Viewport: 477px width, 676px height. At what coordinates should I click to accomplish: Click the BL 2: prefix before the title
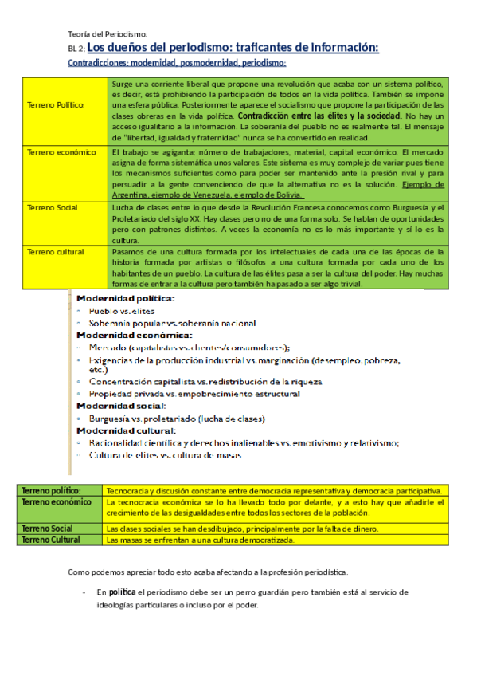coord(76,49)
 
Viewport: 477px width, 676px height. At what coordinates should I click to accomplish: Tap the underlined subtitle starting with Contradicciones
coord(177,63)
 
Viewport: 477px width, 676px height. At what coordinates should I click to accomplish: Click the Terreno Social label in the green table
coord(53,206)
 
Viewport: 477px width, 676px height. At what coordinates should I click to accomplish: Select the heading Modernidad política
coord(125,298)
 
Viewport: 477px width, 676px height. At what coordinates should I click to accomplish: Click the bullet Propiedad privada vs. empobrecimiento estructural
coord(194,394)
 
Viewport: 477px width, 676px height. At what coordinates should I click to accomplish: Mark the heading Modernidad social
coord(121,406)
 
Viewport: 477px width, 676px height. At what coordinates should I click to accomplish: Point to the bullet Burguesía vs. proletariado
coord(178,419)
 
